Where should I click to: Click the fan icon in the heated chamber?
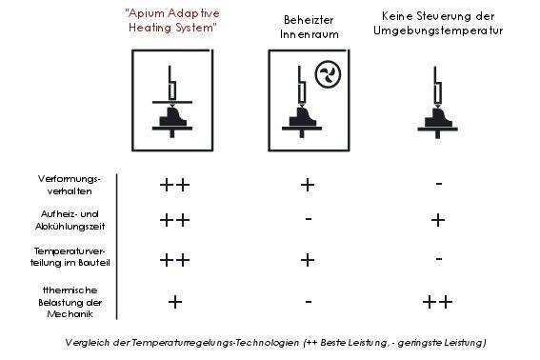click(328, 74)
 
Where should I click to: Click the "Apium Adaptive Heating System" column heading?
click(172, 21)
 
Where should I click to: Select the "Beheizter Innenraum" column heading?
click(309, 28)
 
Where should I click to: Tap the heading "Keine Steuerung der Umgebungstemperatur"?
click(438, 24)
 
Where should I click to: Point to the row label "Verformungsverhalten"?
click(70, 185)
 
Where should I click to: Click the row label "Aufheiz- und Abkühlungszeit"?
click(70, 220)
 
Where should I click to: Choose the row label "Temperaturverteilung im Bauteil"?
click(70, 257)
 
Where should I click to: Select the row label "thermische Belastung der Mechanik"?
click(70, 302)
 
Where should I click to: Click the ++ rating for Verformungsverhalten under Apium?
click(174, 185)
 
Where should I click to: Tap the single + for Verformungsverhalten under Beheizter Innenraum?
click(308, 185)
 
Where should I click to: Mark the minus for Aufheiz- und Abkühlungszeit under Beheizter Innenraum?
click(309, 218)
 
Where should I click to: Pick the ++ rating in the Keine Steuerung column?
click(437, 302)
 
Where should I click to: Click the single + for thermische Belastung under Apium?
click(175, 302)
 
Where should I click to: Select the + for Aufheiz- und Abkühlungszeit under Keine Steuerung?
click(438, 220)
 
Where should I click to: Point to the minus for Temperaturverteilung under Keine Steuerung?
click(439, 258)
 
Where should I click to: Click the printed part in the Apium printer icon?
click(172, 117)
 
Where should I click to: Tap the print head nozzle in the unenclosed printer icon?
click(438, 106)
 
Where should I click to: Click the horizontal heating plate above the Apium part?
click(172, 102)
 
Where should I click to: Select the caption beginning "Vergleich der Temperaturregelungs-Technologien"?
click(275, 343)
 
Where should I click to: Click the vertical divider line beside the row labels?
click(117, 247)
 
